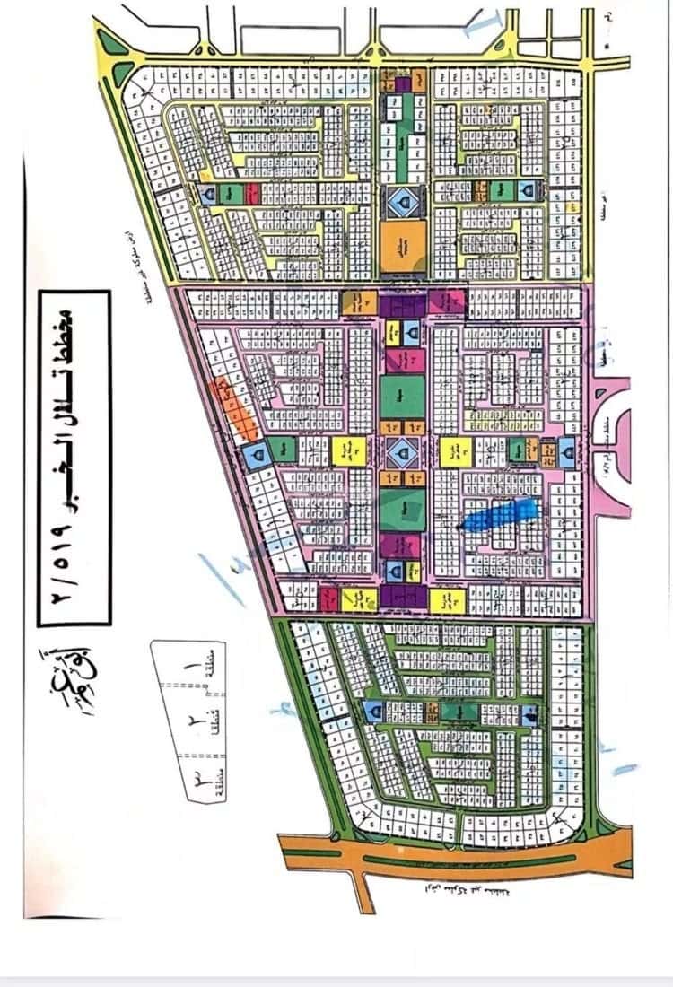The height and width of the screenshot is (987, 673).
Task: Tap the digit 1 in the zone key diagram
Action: [186, 668]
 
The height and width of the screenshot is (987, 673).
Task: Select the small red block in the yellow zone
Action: [252, 193]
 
